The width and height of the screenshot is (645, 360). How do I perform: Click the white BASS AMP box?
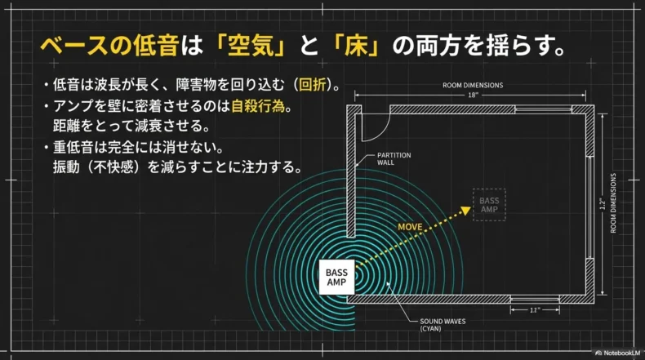pyautogui.click(x=336, y=277)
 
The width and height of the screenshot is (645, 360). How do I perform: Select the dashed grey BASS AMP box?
pyautogui.click(x=489, y=205)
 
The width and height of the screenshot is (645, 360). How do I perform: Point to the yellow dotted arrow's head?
pyautogui.click(x=469, y=210)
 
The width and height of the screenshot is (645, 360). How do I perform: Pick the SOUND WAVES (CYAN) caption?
pyautogui.click(x=443, y=325)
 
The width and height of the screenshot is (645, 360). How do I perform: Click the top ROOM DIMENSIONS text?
pyautogui.click(x=473, y=85)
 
